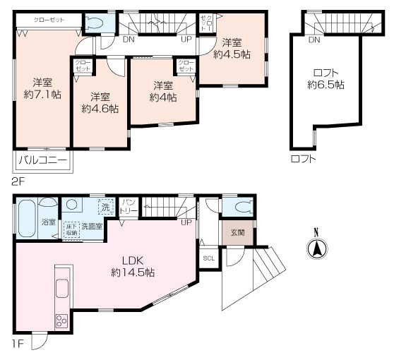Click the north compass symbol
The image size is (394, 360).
point(317,247)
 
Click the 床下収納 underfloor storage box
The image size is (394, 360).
point(71,229)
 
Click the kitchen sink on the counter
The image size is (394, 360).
point(61,289)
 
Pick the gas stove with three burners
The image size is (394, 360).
point(61,319)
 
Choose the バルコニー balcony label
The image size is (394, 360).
point(42,161)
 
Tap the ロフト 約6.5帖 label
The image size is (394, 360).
point(326,78)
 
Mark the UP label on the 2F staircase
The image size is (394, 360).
point(186,39)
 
